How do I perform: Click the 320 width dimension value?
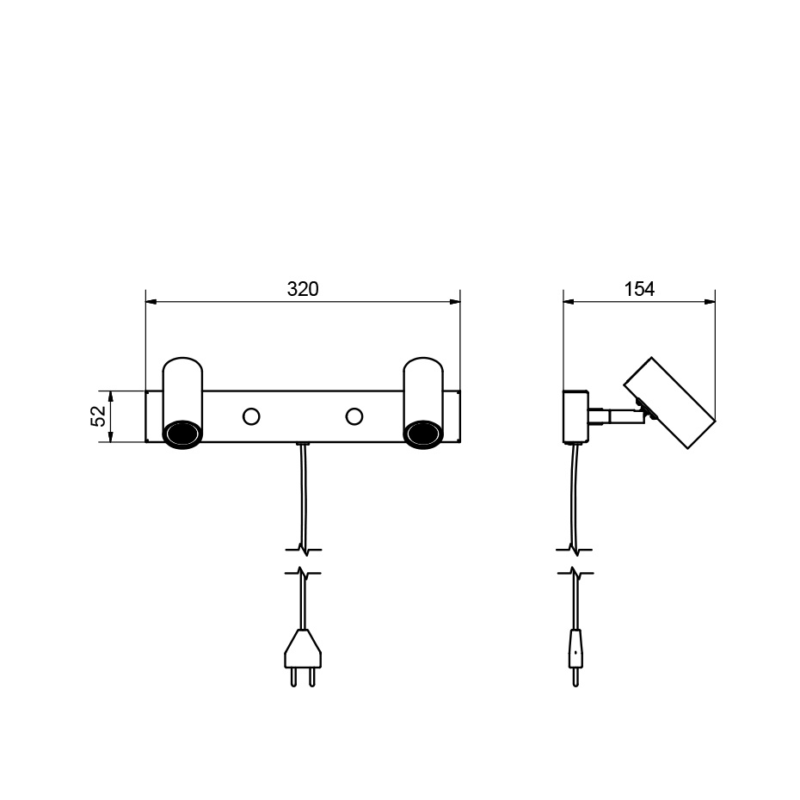(303, 289)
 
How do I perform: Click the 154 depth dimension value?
(639, 289)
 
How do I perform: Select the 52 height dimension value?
(99, 416)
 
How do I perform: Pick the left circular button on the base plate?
(252, 416)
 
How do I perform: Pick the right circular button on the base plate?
(354, 416)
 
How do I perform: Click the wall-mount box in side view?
(575, 416)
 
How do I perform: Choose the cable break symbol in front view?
(302, 560)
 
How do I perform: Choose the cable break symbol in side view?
(575, 560)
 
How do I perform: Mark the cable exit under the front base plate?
(302, 445)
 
